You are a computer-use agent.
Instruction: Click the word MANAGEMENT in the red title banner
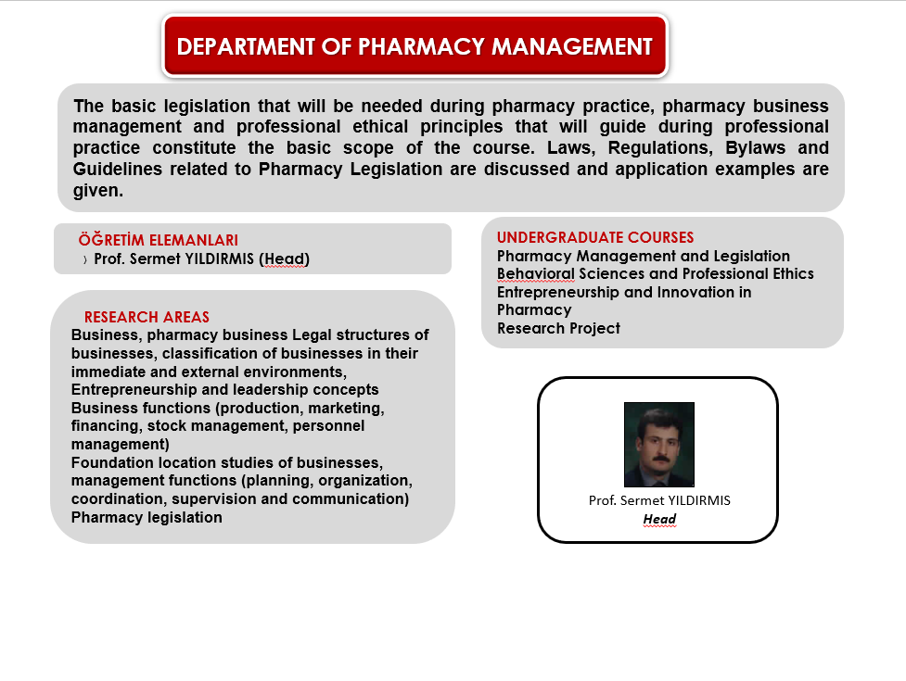(x=572, y=46)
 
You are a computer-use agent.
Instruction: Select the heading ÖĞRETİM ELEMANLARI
(x=159, y=239)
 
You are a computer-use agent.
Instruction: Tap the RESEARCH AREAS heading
(x=147, y=317)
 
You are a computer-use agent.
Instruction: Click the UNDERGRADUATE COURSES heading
(x=595, y=237)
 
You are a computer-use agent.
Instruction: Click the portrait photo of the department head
(x=659, y=445)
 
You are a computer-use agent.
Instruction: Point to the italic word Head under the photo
(x=659, y=519)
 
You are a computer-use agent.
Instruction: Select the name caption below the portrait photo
(x=659, y=500)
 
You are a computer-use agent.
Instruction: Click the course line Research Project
(x=558, y=328)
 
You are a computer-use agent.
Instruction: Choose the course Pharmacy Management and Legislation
(x=643, y=256)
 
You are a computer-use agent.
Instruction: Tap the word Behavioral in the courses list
(x=536, y=273)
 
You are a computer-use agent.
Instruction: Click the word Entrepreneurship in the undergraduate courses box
(x=557, y=293)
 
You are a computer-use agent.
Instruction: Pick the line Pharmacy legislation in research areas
(x=147, y=517)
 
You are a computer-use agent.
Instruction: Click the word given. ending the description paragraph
(x=98, y=191)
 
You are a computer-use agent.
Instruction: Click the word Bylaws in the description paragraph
(x=755, y=148)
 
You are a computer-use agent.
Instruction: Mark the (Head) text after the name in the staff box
(x=285, y=259)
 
